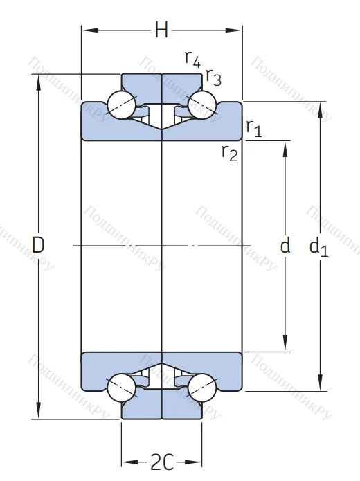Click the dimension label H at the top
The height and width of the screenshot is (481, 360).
161,30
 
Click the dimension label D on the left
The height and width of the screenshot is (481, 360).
39,244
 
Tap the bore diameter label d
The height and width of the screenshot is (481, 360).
285,245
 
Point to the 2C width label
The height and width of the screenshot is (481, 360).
161,461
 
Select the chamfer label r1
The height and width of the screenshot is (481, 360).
253,127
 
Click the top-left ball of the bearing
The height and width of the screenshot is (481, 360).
120,105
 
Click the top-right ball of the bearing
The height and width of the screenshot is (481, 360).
203,105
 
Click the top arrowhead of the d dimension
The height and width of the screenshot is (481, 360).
285,145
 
